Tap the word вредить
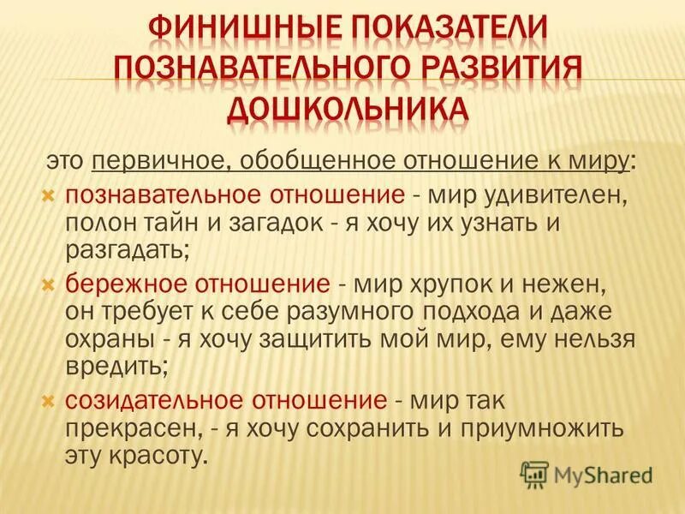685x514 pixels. (x=116, y=367)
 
